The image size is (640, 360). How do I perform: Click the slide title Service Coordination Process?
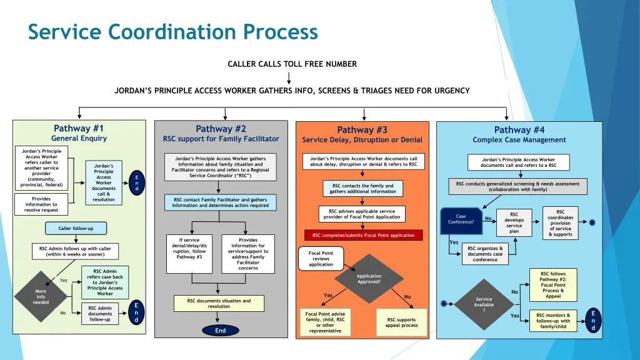(173, 32)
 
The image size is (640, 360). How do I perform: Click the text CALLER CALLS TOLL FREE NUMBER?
(292, 64)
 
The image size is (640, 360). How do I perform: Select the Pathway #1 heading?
(79, 129)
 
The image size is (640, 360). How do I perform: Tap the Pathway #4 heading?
(519, 130)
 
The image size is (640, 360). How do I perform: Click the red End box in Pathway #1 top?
(137, 182)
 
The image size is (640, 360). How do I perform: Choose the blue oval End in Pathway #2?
(220, 331)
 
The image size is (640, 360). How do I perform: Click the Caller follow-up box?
(76, 228)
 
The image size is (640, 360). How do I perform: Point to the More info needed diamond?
(41, 297)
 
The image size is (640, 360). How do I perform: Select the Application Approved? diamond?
(369, 279)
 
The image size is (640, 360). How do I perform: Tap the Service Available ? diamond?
(484, 305)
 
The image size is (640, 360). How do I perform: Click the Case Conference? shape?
(461, 219)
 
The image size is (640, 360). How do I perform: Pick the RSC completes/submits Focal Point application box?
(363, 236)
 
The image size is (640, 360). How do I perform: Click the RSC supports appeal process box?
(401, 322)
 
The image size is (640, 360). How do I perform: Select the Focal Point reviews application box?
(321, 259)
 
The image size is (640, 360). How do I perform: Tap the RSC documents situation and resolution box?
(219, 304)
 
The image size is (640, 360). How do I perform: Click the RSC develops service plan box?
(514, 222)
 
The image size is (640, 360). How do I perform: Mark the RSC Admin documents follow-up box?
(100, 314)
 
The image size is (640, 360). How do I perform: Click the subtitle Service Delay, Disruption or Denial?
(362, 140)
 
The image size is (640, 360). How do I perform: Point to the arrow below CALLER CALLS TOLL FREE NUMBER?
(289, 77)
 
